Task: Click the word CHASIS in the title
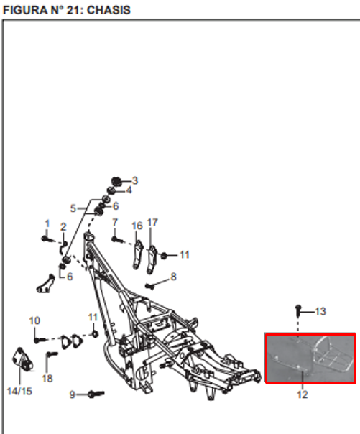109,10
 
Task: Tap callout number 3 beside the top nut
135,180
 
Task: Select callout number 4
129,190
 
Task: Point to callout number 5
73,208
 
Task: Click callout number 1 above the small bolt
47,223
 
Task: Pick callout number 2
63,227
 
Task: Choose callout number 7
115,222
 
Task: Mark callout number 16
137,226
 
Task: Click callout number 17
152,222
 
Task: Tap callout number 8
173,276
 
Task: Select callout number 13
320,311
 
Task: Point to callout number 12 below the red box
303,394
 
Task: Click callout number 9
72,394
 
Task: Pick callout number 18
47,379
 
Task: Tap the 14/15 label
19,391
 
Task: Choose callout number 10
34,320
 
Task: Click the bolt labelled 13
298,310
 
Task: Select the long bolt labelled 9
96,394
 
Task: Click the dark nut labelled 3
116,181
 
